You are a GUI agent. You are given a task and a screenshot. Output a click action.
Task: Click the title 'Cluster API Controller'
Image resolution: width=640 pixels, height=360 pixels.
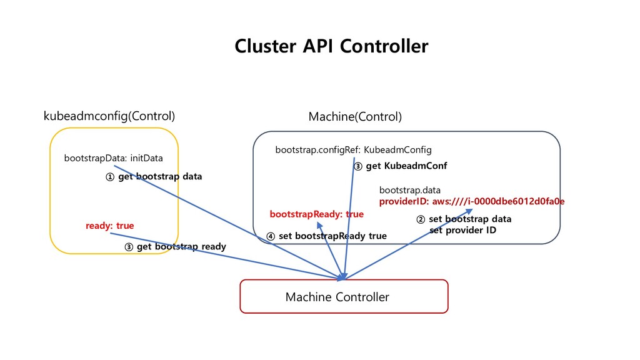point(331,46)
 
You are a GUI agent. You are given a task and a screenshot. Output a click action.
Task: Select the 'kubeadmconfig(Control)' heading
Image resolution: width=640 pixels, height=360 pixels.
point(109,116)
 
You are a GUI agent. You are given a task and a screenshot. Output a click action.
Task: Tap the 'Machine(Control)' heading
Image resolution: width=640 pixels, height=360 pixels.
point(355,117)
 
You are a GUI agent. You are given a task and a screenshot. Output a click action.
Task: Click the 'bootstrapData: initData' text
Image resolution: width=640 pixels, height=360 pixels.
point(114,158)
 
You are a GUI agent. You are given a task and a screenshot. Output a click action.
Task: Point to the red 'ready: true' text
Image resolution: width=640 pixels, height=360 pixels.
point(110,226)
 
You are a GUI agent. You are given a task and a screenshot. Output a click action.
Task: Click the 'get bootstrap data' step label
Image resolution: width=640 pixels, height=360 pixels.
point(160,177)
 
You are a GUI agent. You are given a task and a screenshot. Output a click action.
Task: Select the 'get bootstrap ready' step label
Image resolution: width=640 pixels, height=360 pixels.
point(181,246)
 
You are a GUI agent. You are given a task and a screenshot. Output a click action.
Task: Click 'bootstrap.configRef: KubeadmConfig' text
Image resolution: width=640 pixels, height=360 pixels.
point(354,150)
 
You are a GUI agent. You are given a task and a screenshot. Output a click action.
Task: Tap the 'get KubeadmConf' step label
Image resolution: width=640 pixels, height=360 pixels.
point(406,166)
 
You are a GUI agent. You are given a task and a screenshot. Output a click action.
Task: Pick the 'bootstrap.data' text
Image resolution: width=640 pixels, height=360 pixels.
point(410,190)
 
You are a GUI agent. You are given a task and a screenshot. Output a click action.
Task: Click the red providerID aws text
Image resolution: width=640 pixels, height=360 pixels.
point(472,201)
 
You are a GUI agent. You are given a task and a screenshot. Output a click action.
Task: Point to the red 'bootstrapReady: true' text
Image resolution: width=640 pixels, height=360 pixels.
point(317,214)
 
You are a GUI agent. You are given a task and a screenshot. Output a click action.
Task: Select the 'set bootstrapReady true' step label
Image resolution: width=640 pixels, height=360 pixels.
point(332,236)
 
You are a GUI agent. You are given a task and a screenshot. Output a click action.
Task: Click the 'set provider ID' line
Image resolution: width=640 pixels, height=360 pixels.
point(463,230)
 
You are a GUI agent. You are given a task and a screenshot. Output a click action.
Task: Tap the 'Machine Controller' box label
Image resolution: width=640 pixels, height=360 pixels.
point(337,297)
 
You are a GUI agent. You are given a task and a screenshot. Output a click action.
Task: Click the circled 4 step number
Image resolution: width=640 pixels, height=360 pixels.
point(271,236)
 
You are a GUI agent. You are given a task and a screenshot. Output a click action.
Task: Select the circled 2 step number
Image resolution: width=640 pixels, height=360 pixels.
point(421,219)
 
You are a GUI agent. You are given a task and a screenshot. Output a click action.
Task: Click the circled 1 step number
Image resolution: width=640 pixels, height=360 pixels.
point(110,177)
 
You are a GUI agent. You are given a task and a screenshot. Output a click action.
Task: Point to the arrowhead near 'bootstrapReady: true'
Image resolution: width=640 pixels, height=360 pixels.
point(319,225)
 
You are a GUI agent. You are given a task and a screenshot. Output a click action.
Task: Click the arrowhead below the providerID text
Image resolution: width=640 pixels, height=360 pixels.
point(469,211)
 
